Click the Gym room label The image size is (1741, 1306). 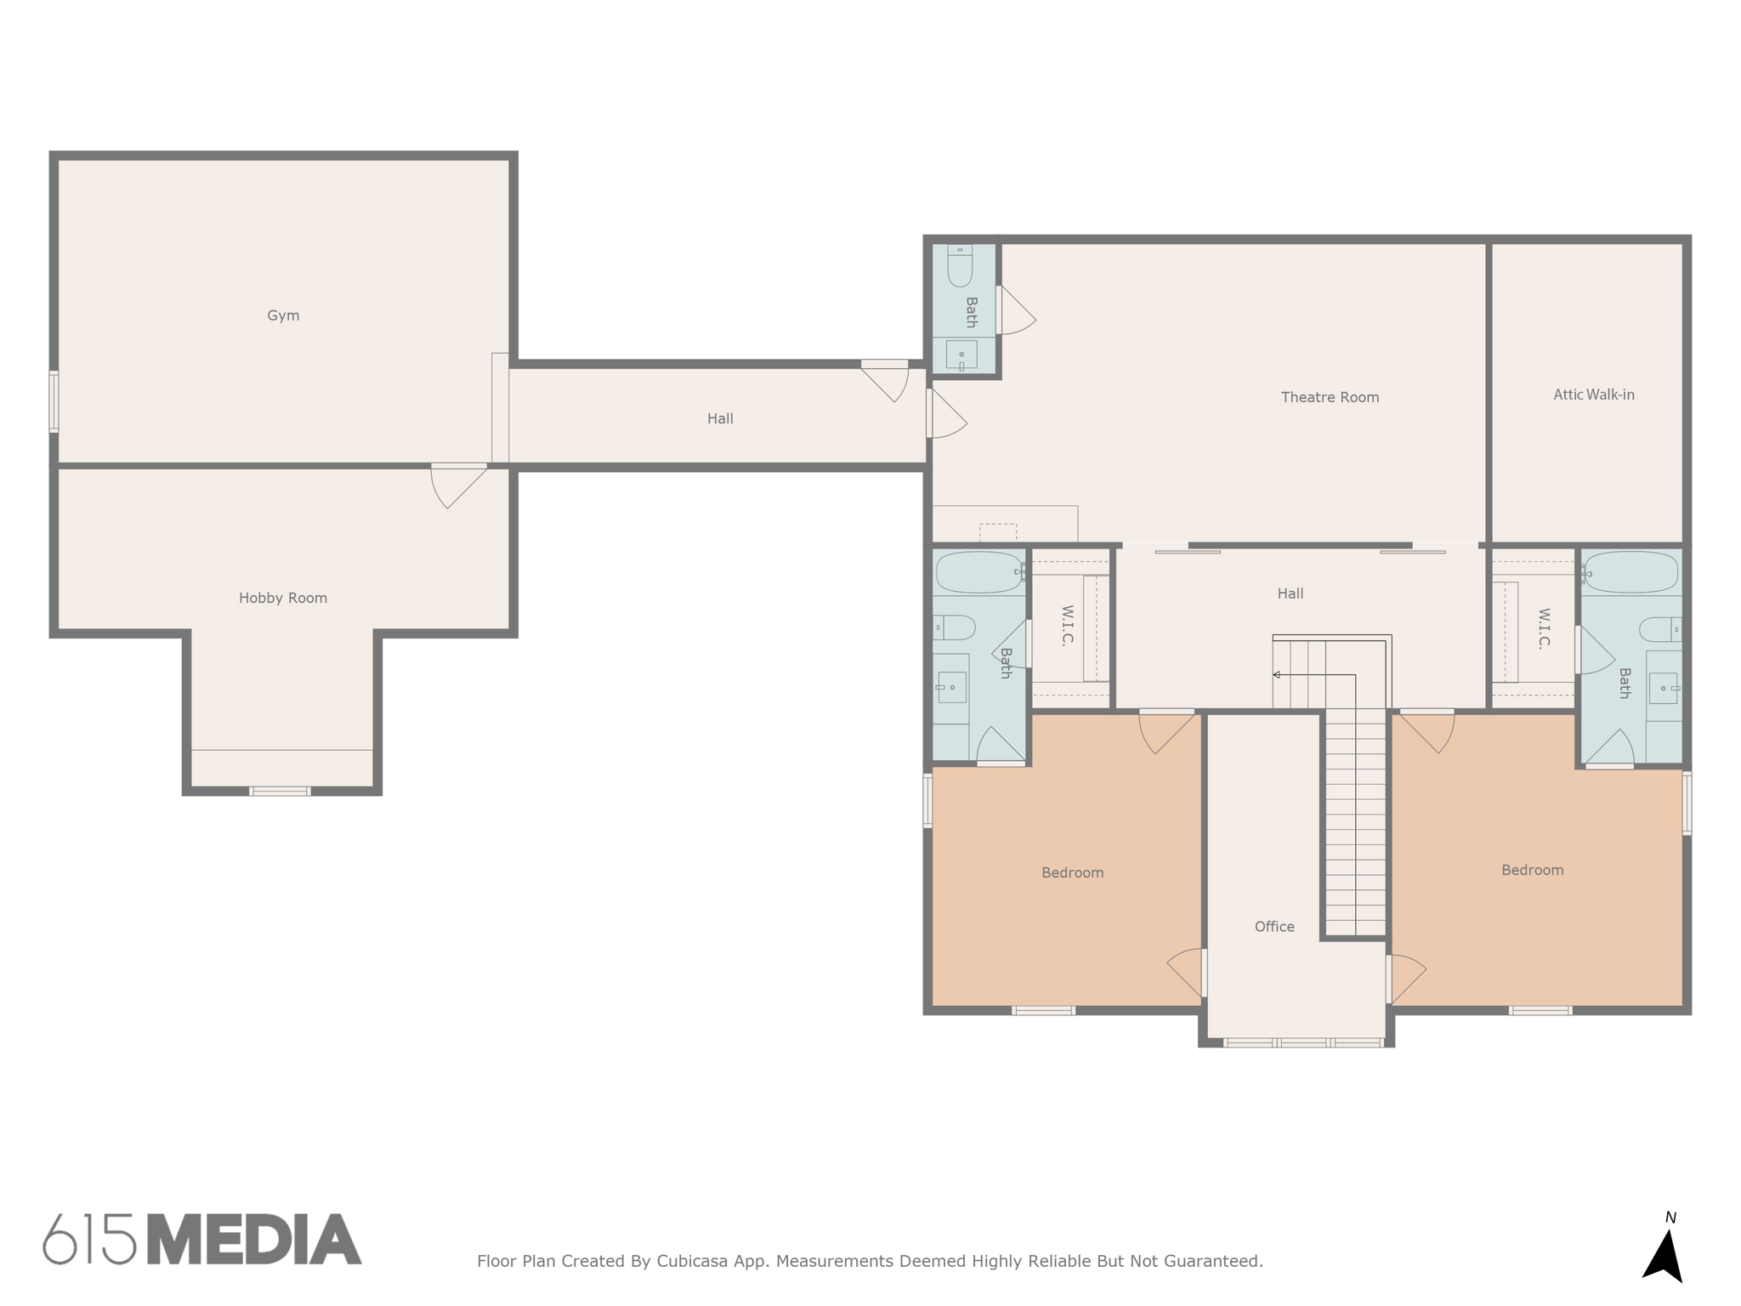click(x=283, y=315)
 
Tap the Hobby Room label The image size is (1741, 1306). click(x=283, y=598)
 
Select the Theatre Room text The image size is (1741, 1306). click(x=1330, y=397)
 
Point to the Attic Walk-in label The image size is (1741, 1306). click(x=1593, y=395)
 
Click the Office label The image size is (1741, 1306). click(x=1274, y=927)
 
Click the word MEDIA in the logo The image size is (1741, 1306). click(x=254, y=1240)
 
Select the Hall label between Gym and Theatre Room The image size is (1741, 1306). click(x=720, y=418)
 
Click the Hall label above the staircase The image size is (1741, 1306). click(x=1290, y=593)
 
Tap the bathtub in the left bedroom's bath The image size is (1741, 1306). click(x=978, y=572)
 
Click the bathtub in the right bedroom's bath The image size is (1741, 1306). click(x=1630, y=572)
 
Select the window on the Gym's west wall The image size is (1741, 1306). click(x=54, y=401)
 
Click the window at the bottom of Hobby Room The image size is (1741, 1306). click(x=280, y=791)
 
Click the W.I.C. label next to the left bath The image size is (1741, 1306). click(x=1068, y=626)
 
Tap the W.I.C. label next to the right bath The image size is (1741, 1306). click(x=1544, y=628)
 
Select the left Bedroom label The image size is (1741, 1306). click(x=1072, y=872)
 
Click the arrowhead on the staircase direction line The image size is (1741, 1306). click(x=1276, y=675)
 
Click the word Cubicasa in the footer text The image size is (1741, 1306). click(x=691, y=1261)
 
